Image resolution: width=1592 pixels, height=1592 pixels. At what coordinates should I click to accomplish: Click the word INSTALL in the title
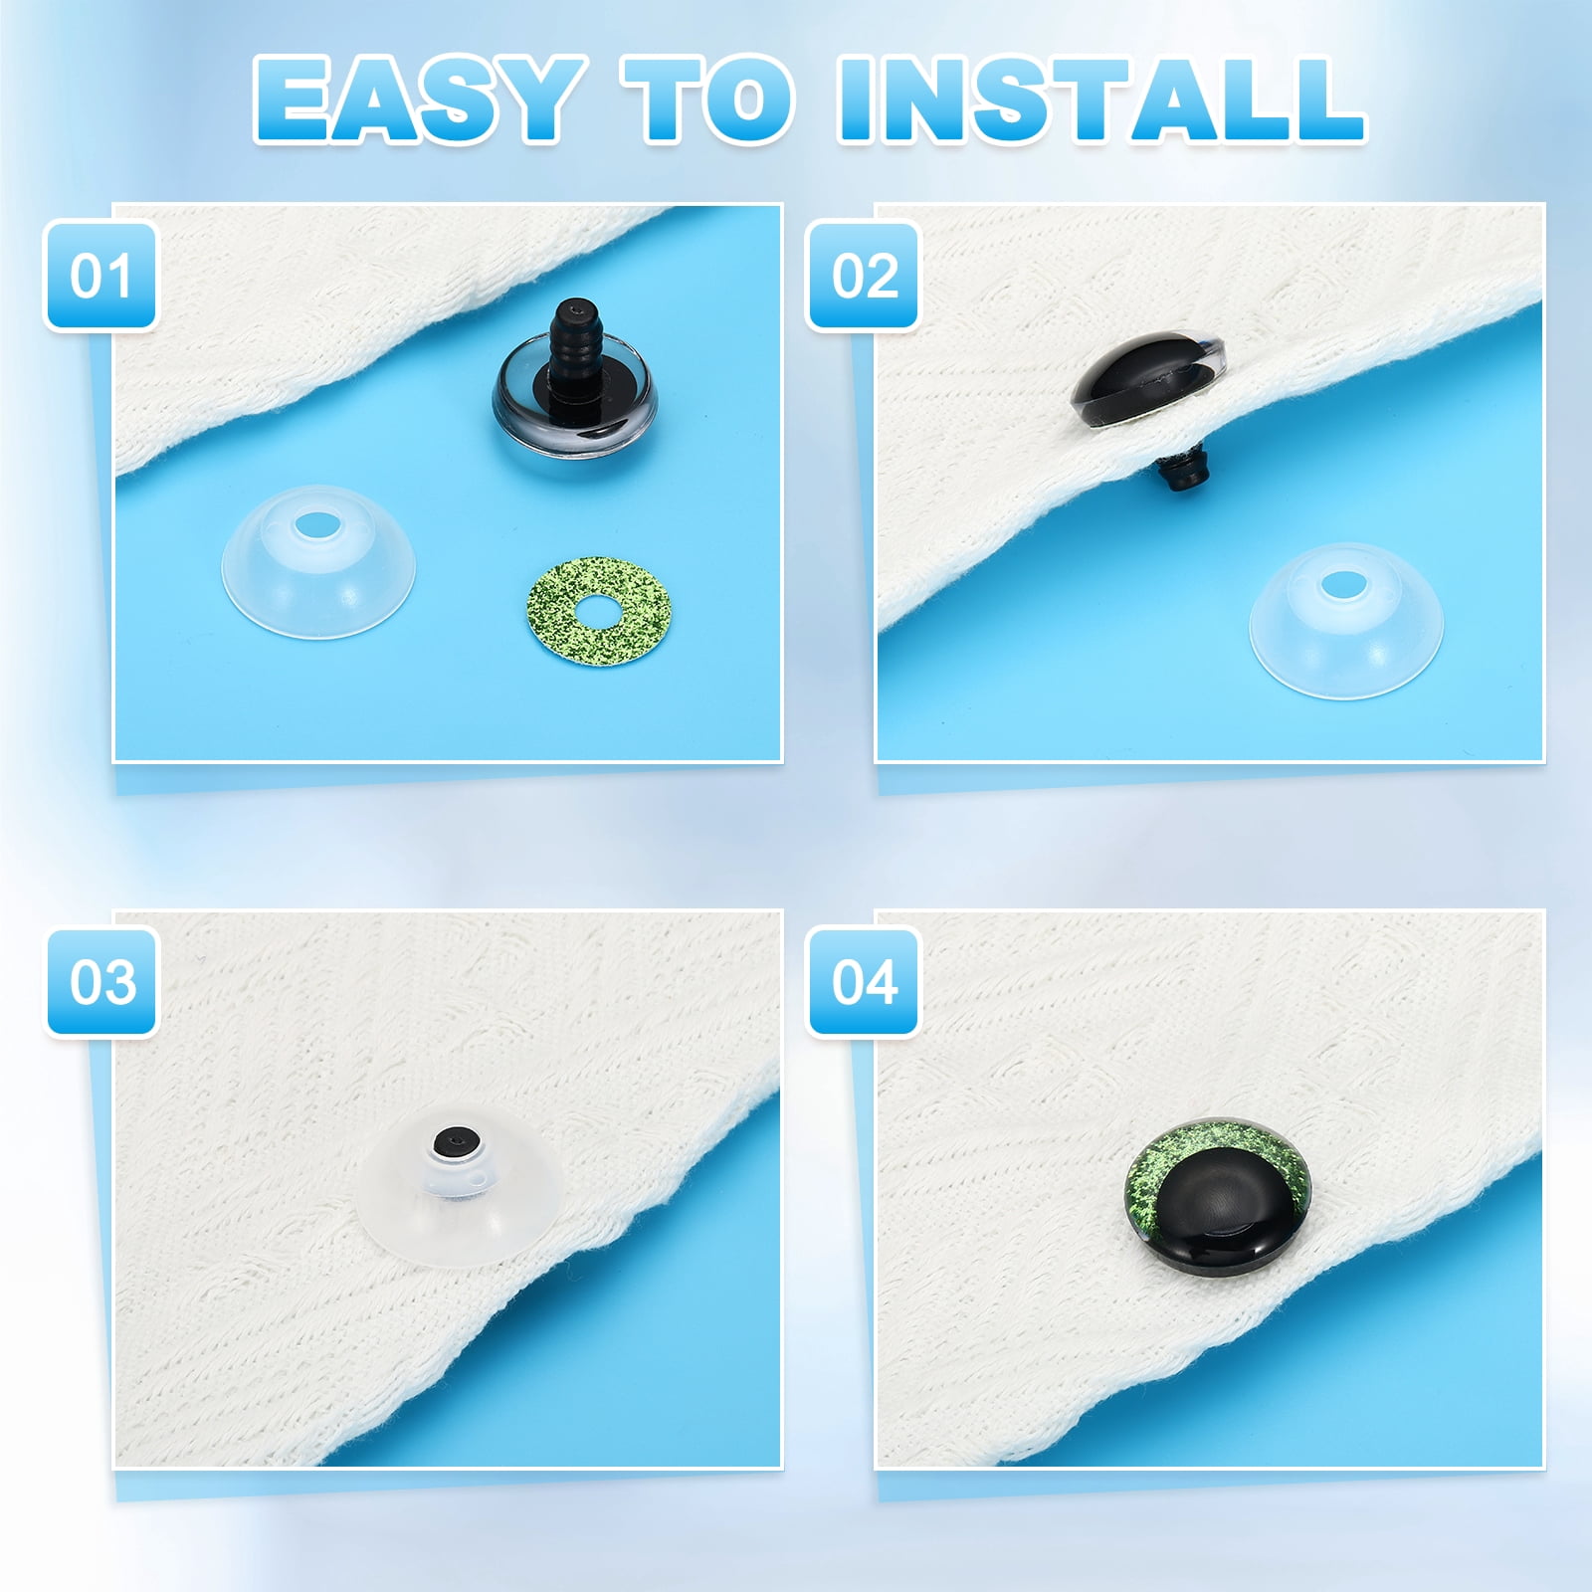(1101, 101)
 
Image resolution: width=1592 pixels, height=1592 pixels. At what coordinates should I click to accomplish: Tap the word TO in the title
(710, 101)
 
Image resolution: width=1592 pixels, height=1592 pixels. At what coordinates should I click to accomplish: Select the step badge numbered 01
(100, 276)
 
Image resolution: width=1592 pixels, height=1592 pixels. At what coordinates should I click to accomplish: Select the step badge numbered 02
(863, 276)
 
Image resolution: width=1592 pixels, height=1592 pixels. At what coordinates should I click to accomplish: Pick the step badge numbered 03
(100, 981)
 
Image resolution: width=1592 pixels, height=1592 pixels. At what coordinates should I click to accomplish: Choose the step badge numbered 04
(863, 981)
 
